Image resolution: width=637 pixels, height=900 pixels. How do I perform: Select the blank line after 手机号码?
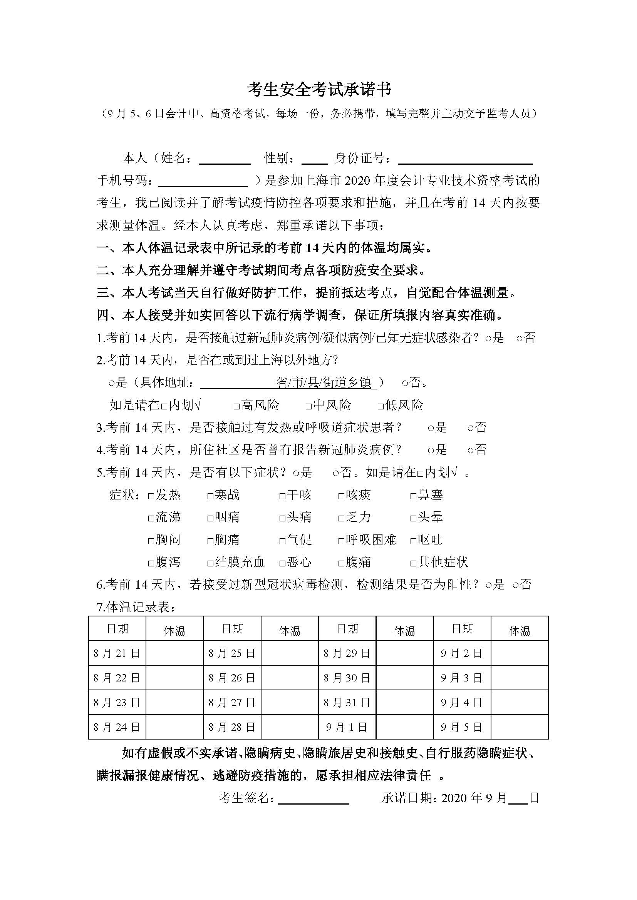(x=203, y=181)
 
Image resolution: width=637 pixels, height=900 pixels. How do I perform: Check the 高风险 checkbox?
(x=236, y=406)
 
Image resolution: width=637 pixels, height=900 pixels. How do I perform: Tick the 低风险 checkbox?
(x=381, y=406)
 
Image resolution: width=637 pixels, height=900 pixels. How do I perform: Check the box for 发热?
(x=151, y=496)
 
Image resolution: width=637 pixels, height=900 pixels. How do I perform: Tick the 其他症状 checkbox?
(x=413, y=563)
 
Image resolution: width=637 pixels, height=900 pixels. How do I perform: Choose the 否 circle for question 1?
(x=519, y=339)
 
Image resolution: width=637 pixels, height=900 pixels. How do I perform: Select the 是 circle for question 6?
(x=488, y=586)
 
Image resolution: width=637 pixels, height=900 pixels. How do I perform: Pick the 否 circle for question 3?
(x=471, y=428)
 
